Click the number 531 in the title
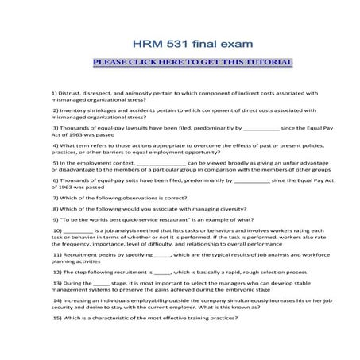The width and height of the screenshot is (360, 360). point(168,43)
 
